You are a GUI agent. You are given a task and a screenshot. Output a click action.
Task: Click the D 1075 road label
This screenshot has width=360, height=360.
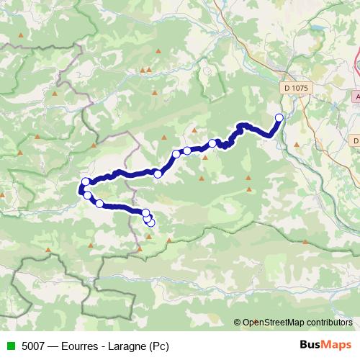294,86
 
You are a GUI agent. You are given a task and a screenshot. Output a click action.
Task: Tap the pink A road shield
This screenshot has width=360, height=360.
357,96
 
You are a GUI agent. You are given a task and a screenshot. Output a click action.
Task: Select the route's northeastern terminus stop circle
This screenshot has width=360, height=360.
279,117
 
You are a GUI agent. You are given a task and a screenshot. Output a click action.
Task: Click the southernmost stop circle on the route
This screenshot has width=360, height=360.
150,222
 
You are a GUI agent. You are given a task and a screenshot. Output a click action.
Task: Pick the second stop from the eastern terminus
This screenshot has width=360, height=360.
212,143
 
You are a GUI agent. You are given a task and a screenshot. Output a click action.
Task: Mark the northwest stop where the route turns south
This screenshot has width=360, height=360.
86,182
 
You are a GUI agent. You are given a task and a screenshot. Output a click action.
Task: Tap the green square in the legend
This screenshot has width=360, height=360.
8,345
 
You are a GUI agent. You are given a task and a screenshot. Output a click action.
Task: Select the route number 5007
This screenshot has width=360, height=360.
32,345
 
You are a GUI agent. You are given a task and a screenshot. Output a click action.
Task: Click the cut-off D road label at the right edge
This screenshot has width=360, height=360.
356,140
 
